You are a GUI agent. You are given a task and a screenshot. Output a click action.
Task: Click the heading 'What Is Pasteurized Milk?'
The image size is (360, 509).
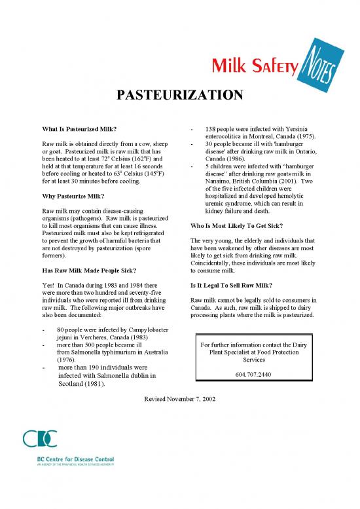(x=79, y=128)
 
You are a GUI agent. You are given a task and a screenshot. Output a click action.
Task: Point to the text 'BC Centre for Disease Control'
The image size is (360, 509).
(x=75, y=461)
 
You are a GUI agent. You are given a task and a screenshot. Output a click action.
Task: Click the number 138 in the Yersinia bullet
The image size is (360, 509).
(x=211, y=128)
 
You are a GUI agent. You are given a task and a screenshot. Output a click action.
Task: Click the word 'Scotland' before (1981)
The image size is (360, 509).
(x=74, y=385)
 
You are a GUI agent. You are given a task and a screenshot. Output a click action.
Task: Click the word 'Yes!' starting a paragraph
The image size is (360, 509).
(x=48, y=286)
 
